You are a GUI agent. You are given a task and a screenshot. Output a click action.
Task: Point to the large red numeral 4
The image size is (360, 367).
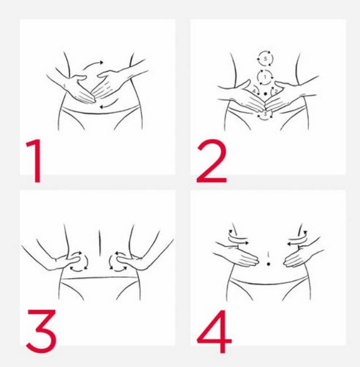point(214,332)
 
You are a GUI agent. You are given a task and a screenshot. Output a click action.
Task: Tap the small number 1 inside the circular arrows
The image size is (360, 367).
point(265,77)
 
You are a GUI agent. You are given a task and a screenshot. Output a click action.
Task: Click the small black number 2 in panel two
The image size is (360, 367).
point(276,91)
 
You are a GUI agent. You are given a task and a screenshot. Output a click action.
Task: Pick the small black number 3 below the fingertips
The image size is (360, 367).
point(265,114)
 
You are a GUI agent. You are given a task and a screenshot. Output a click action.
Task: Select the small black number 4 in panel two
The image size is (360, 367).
point(254,91)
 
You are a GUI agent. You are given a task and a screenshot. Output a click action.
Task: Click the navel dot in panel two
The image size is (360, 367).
point(265,94)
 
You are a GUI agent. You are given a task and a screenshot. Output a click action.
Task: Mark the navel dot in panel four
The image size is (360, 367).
point(268,264)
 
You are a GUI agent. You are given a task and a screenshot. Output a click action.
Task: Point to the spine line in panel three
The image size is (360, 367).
point(100,243)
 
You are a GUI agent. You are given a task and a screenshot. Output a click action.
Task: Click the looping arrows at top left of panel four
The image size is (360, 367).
point(238,238)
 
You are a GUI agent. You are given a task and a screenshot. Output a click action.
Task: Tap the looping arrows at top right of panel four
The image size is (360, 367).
point(297,238)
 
